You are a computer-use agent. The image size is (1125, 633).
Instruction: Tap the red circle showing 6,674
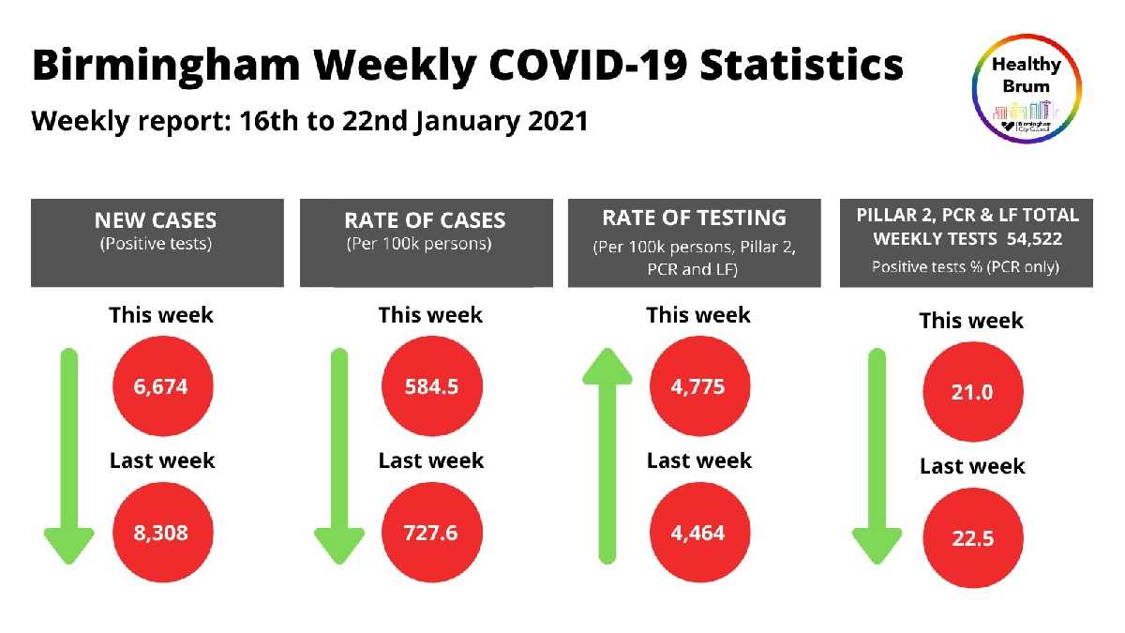pos(163,386)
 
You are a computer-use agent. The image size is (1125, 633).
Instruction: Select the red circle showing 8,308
pos(163,533)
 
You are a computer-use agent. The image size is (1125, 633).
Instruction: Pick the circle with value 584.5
pos(432,386)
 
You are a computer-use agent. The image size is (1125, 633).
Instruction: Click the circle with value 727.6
pos(432,533)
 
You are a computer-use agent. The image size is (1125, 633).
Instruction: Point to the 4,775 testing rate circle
pos(698,386)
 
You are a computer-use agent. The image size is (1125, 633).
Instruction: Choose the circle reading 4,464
pos(698,533)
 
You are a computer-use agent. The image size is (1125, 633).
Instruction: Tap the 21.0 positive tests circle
pos(972,392)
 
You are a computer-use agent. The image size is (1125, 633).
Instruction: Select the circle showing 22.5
pos(972,538)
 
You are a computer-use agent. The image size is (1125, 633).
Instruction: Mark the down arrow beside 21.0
pos(877,455)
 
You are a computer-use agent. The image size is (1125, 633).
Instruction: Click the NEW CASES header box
pos(157,242)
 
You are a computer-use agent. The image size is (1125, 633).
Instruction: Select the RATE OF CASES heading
pos(425,221)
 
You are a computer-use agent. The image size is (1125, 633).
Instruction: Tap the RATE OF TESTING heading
pos(695,218)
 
